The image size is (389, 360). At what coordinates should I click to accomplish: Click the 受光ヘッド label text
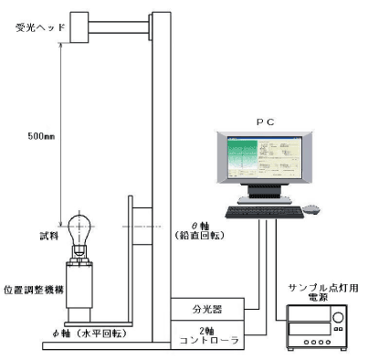[40, 27]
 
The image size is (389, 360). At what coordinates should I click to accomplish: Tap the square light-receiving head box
[79, 27]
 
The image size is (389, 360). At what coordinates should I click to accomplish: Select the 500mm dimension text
[41, 136]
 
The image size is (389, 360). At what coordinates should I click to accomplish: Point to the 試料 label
[49, 236]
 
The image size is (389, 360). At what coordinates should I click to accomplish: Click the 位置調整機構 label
[34, 290]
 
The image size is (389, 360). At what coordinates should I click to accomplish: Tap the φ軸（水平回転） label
[89, 334]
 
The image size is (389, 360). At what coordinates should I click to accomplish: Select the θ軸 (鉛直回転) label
[200, 230]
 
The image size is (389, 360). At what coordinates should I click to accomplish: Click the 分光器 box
[207, 309]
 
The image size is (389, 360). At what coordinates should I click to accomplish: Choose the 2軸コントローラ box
[207, 334]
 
